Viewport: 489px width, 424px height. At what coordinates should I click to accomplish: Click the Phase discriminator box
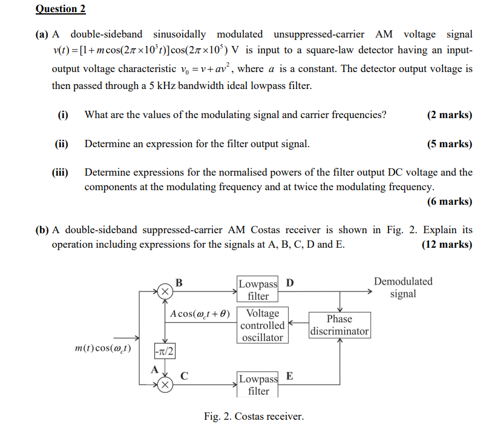point(339,325)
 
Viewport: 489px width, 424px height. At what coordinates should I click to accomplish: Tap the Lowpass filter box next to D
point(258,290)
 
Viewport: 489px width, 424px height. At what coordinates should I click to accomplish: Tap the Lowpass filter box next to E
point(258,384)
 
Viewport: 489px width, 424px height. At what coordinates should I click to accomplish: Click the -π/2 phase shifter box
point(164,351)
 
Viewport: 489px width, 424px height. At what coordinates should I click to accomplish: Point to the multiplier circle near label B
point(165,291)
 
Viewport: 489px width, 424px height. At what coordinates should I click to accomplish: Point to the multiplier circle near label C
point(165,384)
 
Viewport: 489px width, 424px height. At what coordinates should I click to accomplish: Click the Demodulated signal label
point(403,288)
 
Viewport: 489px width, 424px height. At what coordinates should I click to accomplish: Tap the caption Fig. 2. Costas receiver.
point(254,416)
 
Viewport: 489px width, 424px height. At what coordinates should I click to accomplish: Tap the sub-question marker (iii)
point(60,172)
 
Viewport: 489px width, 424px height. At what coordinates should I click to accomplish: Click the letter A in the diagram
point(154,368)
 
